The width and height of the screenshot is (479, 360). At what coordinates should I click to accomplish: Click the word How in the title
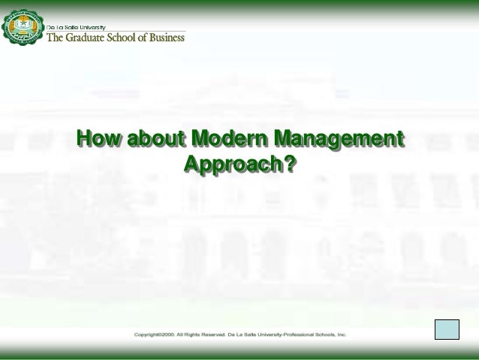point(99,140)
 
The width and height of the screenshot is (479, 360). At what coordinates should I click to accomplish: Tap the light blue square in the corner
point(447,331)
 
